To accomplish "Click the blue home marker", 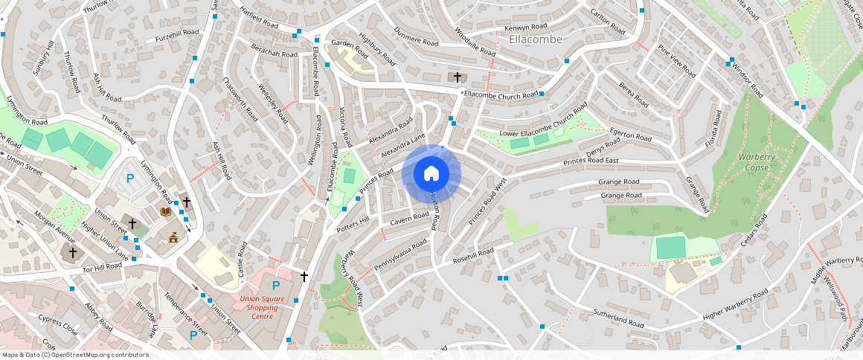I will (x=431, y=174).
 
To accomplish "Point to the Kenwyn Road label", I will (x=526, y=28).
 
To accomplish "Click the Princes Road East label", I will (x=591, y=161).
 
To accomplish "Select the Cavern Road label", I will (x=409, y=219).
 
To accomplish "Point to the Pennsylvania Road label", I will (x=400, y=254).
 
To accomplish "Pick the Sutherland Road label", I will (x=618, y=319).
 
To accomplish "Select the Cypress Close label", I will (x=57, y=325).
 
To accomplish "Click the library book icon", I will (x=165, y=213).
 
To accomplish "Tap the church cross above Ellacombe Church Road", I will (x=457, y=77).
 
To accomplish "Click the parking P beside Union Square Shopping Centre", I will (x=276, y=286).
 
